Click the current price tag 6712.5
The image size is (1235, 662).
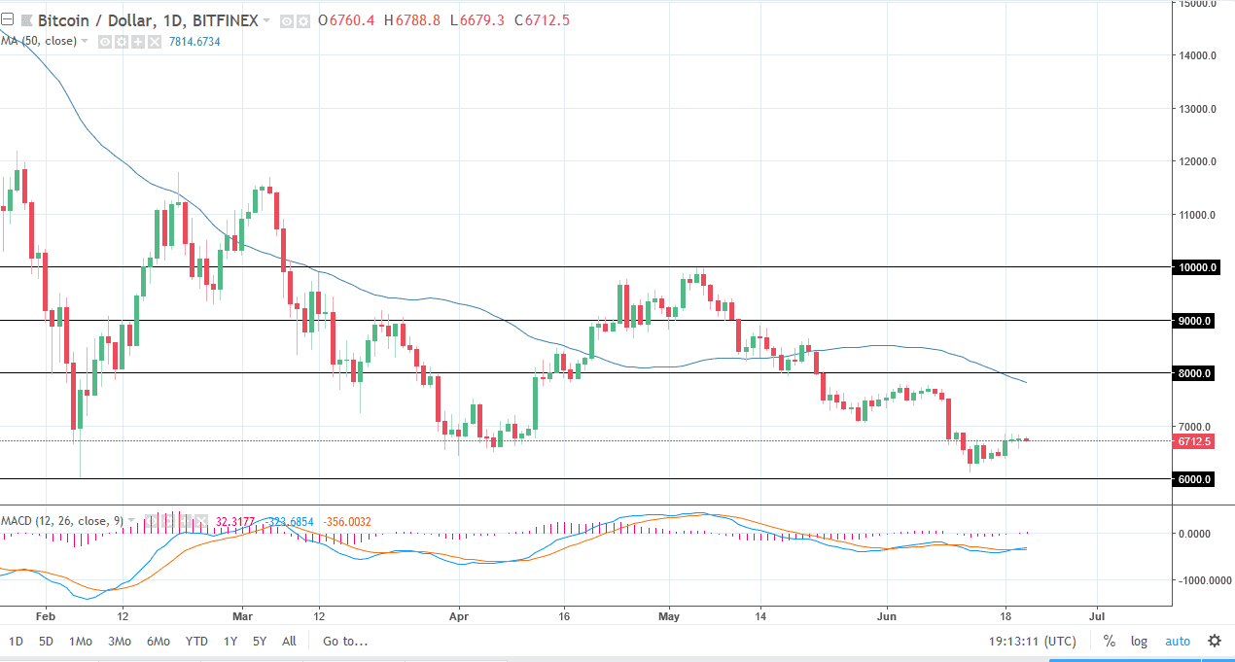coord(1193,441)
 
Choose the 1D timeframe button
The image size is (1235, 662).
coord(17,642)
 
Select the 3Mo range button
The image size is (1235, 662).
coord(120,642)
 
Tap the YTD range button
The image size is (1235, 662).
coord(196,642)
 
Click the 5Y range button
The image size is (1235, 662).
coord(259,642)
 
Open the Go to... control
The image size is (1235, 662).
coord(345,642)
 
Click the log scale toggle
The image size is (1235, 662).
coord(1139,642)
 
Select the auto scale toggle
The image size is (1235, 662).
coord(1178,642)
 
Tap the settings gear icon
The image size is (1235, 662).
coord(1215,642)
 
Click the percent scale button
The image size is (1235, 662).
coord(1109,642)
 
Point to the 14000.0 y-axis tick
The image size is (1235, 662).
coord(1194,56)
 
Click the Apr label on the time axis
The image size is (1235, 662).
coord(459,615)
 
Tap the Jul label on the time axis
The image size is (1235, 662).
coord(1098,615)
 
